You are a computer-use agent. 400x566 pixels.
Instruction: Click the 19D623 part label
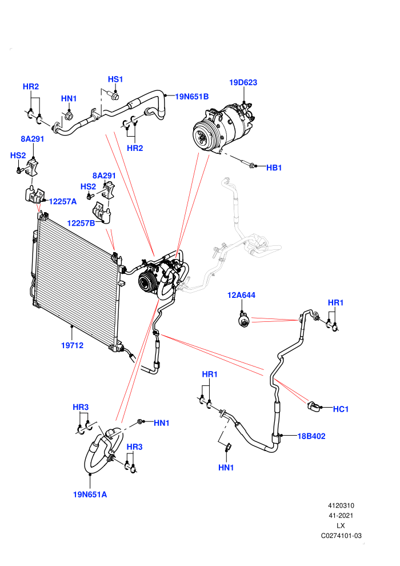243,82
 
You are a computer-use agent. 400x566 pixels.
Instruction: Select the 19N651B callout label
192,97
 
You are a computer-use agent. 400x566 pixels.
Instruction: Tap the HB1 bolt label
274,168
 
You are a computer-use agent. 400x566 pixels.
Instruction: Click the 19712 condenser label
72,345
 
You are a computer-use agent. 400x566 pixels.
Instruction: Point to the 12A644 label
241,295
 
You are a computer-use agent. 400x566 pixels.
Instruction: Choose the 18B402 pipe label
311,436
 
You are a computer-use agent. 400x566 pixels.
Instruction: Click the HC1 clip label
341,409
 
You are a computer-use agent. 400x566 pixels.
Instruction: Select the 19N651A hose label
90,495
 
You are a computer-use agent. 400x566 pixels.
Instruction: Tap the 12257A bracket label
63,201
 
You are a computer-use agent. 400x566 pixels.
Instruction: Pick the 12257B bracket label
81,223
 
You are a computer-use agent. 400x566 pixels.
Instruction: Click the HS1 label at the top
115,79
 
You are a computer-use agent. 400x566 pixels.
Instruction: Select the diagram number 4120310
341,506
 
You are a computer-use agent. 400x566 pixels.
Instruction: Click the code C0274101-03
341,536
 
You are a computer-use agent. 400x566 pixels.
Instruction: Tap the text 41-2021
341,516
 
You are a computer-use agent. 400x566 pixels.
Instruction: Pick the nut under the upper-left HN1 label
69,116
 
